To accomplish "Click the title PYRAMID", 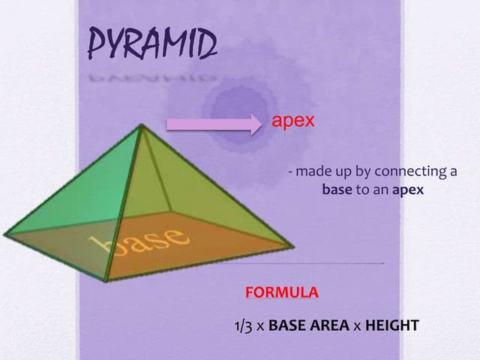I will (x=153, y=45).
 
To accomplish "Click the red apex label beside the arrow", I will (x=292, y=121).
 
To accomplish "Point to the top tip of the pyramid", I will (x=140, y=126).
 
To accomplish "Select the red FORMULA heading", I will (x=282, y=292).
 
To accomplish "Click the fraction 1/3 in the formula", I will (x=244, y=326).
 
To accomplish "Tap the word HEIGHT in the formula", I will (x=391, y=326).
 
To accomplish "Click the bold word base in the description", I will (x=337, y=190).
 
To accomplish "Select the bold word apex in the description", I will (x=408, y=190).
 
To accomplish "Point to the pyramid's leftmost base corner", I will (x=5, y=234).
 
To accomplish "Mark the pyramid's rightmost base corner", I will (x=292, y=244).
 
